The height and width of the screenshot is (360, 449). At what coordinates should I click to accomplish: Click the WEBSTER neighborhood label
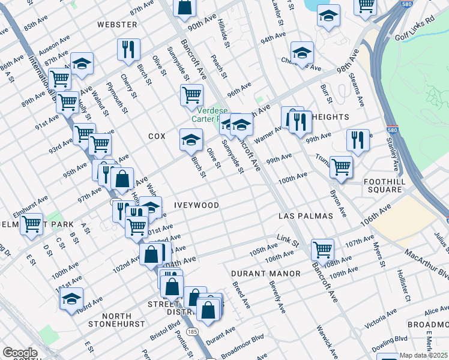tap(118, 25)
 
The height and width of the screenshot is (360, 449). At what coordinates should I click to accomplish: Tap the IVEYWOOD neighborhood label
tap(196, 205)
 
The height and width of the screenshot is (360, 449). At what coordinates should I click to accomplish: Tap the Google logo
tap(20, 353)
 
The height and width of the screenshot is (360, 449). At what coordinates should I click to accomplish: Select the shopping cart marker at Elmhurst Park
tap(32, 224)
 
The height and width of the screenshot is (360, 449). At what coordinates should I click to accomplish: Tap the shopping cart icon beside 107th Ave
tap(322, 248)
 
